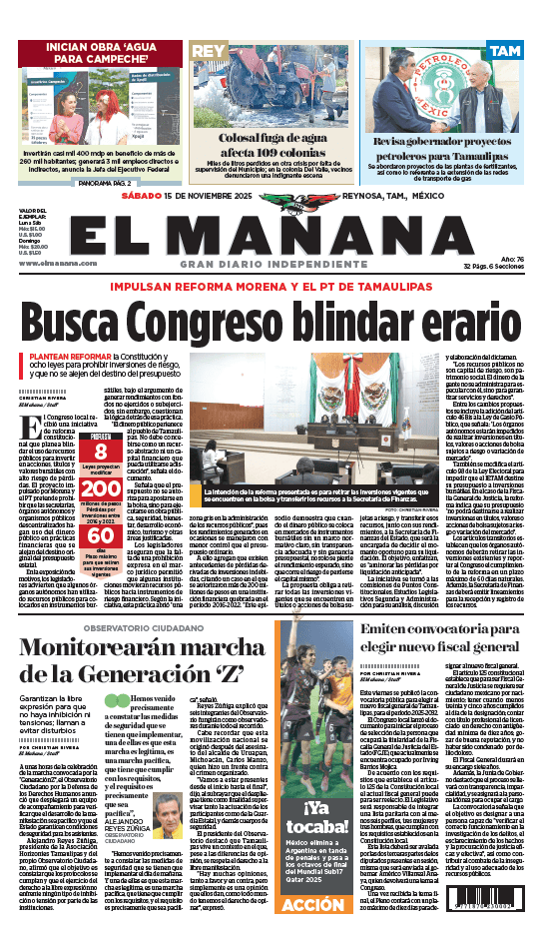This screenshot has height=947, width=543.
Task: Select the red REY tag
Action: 208,50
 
